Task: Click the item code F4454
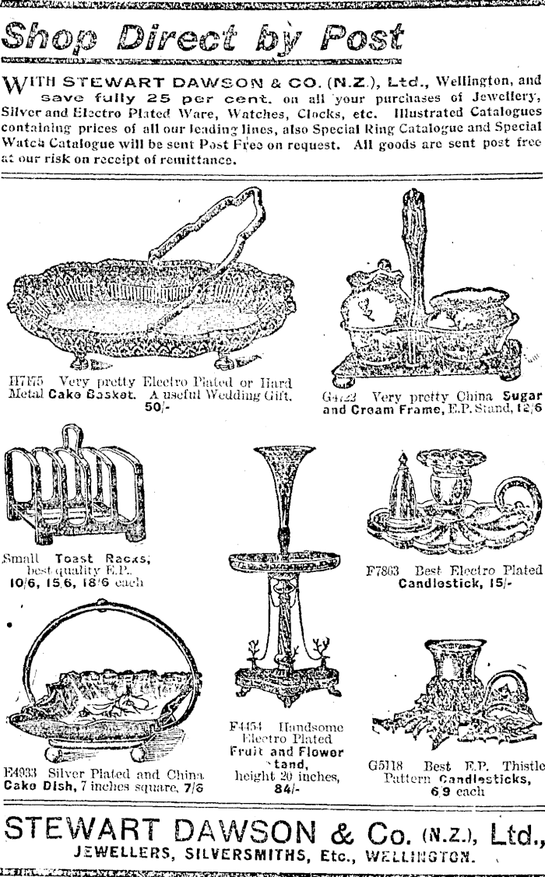click(248, 727)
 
